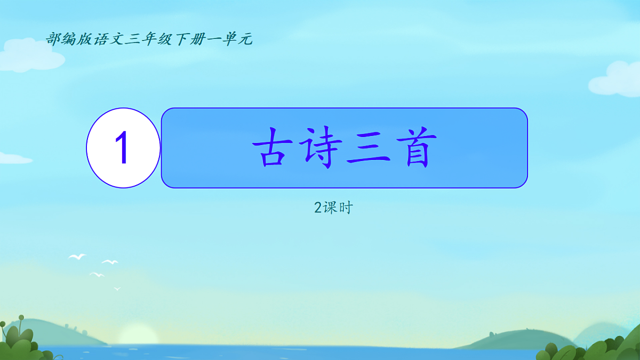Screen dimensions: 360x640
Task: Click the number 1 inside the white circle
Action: coord(123,148)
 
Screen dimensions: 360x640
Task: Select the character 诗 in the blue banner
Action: coord(318,148)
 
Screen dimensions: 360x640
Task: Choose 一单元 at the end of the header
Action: coord(229,39)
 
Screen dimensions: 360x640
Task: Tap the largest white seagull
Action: coord(77,257)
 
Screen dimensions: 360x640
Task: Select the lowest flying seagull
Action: coord(117,289)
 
